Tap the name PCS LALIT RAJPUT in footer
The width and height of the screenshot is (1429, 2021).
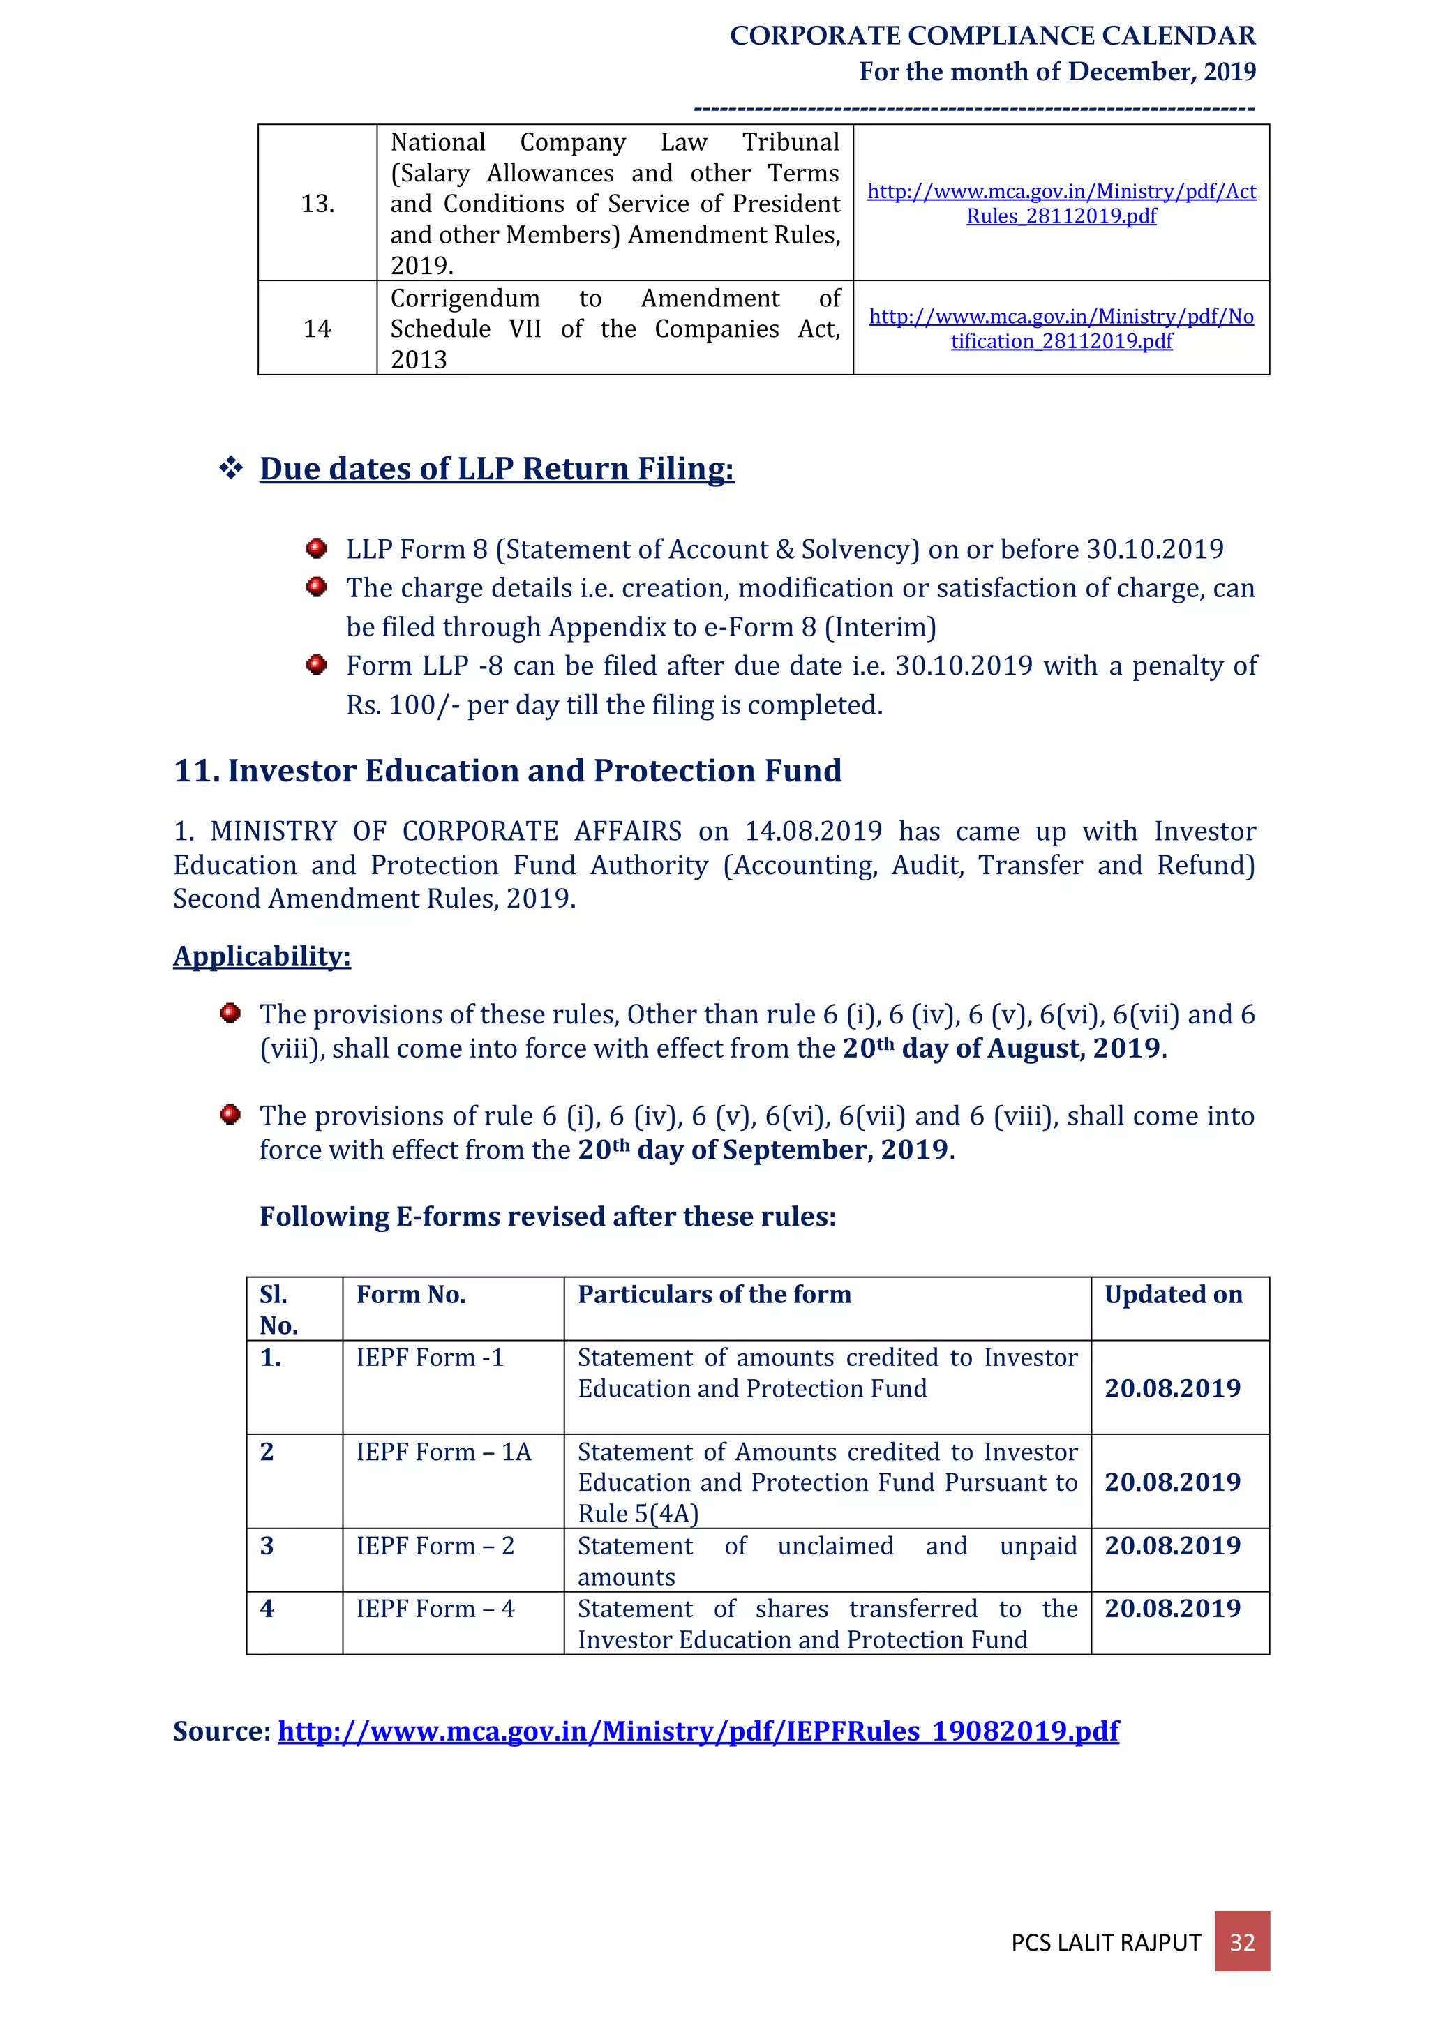point(1106,1943)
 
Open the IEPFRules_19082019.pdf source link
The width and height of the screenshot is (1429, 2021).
point(698,1731)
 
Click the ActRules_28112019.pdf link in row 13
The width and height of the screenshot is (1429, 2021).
point(1061,203)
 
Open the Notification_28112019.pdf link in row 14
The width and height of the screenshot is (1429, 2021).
point(1061,329)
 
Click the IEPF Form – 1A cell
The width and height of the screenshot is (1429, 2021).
point(444,1452)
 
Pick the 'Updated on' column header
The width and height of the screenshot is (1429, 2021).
point(1173,1295)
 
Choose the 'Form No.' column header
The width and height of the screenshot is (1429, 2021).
point(411,1295)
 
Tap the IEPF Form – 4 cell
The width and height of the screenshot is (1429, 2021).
point(435,1608)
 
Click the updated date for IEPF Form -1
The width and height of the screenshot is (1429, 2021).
point(1172,1388)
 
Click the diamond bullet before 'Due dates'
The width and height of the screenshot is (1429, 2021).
point(231,468)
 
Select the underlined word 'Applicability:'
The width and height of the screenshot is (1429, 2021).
point(262,956)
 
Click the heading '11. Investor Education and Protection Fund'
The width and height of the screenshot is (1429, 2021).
point(507,770)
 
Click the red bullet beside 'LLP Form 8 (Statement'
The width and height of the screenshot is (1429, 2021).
point(317,548)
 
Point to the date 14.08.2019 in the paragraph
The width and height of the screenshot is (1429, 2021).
point(813,831)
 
